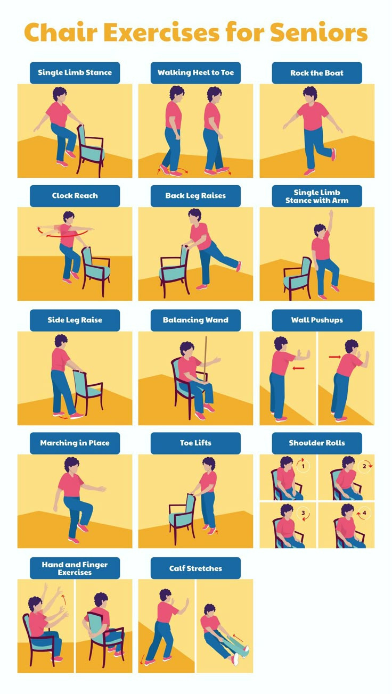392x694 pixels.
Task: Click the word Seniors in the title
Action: point(318,33)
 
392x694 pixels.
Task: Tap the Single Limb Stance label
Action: point(75,73)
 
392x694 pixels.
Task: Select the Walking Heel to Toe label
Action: point(195,73)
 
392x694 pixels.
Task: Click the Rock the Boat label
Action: point(317,73)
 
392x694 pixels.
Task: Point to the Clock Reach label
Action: point(75,196)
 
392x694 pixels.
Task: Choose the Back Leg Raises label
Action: point(195,196)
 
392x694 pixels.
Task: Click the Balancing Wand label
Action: point(195,320)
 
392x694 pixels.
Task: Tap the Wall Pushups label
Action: point(317,320)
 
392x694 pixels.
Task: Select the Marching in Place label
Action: point(75,443)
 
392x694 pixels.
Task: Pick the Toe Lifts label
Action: point(195,443)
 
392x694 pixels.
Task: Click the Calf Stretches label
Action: point(195,568)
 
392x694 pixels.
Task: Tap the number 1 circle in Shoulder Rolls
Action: point(303,467)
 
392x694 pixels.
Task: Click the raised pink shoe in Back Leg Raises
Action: point(238,266)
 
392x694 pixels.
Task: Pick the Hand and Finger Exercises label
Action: point(75,568)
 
